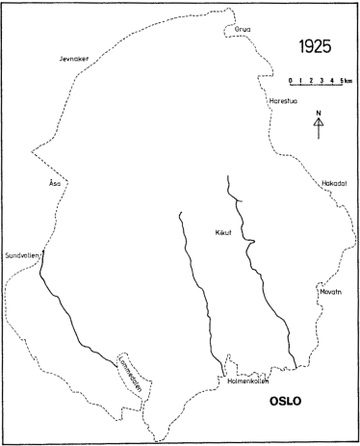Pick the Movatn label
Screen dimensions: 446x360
[329, 288]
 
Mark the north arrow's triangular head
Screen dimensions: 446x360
[319, 121]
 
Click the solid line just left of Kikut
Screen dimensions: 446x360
[198, 289]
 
